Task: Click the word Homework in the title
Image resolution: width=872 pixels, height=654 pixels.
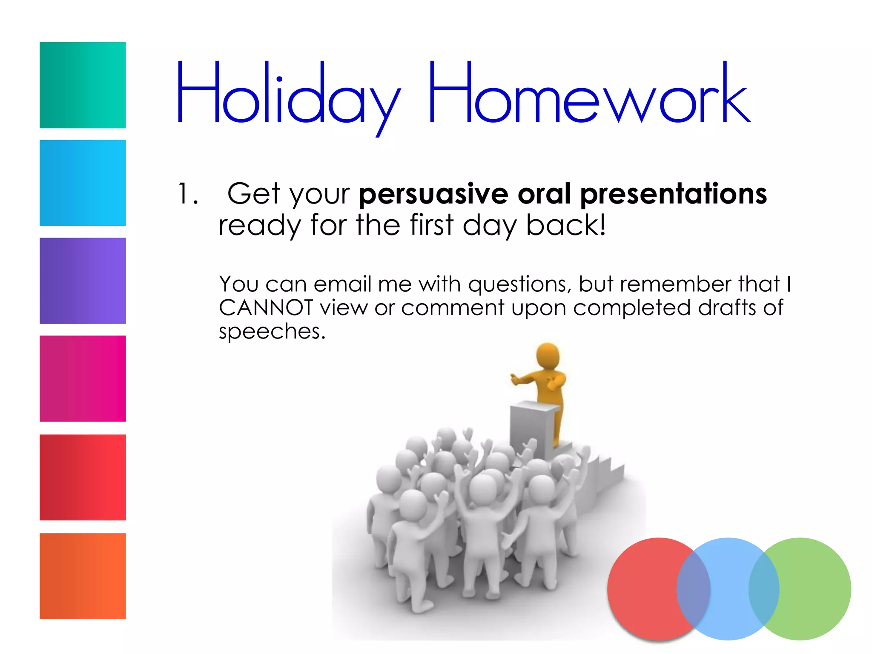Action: pyautogui.click(x=588, y=94)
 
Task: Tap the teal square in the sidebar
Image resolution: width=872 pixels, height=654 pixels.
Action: pyautogui.click(x=83, y=85)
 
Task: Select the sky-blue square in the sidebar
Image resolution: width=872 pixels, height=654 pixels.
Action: pyautogui.click(x=83, y=183)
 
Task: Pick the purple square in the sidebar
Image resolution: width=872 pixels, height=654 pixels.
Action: pyautogui.click(x=83, y=281)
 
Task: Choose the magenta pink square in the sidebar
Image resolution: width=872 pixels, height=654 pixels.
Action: pyautogui.click(x=83, y=379)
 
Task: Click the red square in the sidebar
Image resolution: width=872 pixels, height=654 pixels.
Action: pyautogui.click(x=83, y=477)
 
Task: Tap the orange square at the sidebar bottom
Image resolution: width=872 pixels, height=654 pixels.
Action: pyautogui.click(x=83, y=576)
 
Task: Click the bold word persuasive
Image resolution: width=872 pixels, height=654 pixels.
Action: pyautogui.click(x=433, y=195)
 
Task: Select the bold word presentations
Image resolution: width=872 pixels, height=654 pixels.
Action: pyautogui.click(x=674, y=195)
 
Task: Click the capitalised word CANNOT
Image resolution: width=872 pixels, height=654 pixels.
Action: pyautogui.click(x=266, y=307)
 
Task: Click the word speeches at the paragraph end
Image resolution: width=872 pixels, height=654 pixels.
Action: pyautogui.click(x=272, y=332)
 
